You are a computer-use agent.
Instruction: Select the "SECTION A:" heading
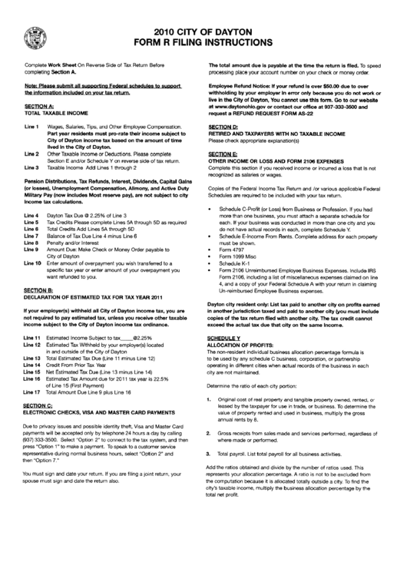(x=38, y=104)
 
